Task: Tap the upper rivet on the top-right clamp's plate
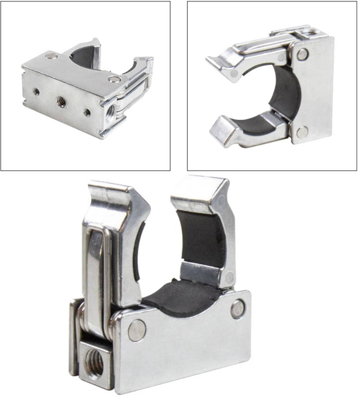tap(302, 54)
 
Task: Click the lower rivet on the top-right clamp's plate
tap(302, 131)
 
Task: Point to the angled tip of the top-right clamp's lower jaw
tap(220, 131)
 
